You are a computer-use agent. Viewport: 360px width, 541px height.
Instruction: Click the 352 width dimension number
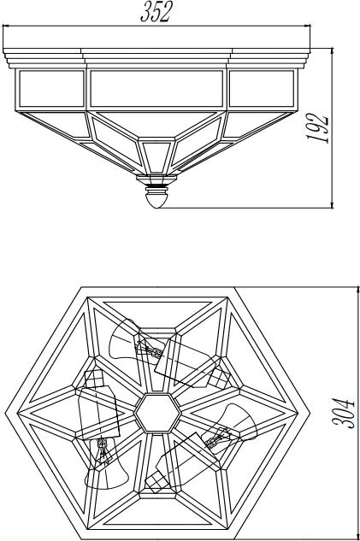tap(156, 13)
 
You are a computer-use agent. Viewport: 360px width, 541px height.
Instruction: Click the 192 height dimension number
tap(318, 127)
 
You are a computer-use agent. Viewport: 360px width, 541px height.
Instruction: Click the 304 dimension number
tap(343, 414)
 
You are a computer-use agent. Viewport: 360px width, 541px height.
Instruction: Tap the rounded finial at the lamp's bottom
tap(156, 200)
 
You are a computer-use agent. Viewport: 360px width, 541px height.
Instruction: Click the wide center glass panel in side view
tap(156, 89)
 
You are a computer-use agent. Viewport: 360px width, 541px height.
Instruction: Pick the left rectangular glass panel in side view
tap(51, 89)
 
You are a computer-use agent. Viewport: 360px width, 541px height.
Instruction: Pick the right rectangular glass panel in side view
tap(262, 89)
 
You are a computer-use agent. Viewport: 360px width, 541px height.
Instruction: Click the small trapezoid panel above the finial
tap(156, 157)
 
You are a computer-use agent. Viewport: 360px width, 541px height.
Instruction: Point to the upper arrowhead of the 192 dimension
tap(332, 50)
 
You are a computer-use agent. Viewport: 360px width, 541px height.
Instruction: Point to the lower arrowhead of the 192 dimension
tap(332, 205)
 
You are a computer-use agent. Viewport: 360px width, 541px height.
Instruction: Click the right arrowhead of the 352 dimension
tap(307, 26)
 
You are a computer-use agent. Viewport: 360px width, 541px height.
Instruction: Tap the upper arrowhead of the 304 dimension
tap(357, 290)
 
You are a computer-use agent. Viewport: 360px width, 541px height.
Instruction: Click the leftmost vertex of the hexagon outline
tap(5, 413)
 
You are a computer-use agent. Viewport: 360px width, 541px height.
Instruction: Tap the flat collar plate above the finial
tap(156, 179)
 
